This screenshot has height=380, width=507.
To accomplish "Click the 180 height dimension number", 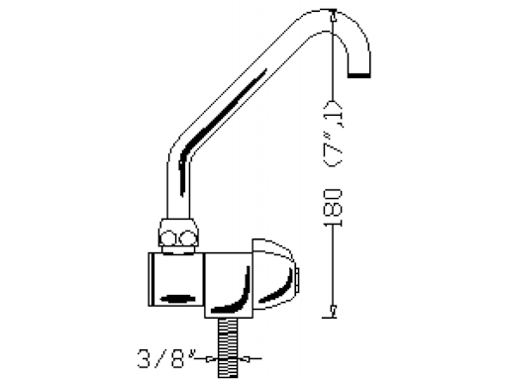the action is coord(333,208).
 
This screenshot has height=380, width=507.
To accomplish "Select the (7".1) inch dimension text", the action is coord(334,133).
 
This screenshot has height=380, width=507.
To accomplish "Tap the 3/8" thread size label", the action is coord(165,358).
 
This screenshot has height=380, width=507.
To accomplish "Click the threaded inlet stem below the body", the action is coord(227,347).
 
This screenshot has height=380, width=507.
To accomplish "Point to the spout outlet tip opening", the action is coord(359,75).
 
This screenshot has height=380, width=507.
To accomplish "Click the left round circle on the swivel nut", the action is coord(169,238).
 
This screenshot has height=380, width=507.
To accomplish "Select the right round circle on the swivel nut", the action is coord(188,238).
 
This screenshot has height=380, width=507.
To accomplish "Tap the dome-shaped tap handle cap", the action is coord(273,275).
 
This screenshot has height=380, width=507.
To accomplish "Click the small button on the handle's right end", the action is coord(297,280).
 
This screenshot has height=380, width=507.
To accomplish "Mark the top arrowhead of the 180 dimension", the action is coord(334,15).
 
